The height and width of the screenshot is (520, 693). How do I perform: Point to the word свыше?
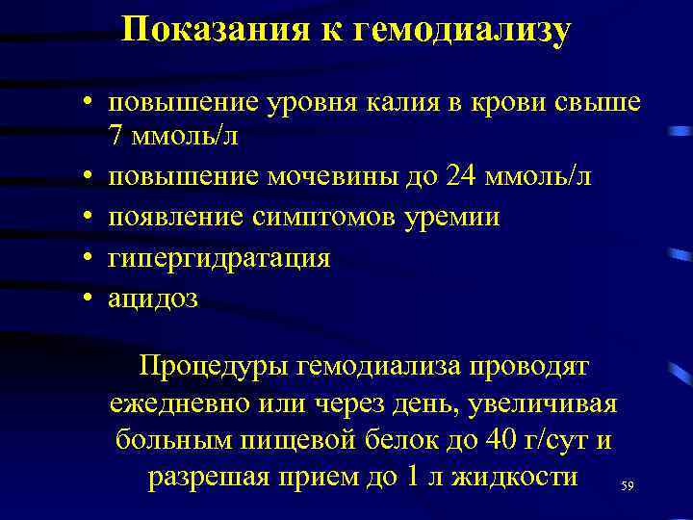point(602,101)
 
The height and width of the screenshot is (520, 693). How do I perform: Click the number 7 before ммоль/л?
point(116,137)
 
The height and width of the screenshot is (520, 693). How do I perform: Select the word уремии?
point(454,217)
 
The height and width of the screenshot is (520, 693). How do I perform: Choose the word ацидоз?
point(153,298)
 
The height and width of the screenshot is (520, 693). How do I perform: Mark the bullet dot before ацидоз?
point(87,298)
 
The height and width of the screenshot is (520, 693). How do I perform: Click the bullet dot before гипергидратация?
point(87,257)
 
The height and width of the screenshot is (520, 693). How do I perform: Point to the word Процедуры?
point(216,367)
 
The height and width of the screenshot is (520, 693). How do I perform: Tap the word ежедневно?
point(182,403)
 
